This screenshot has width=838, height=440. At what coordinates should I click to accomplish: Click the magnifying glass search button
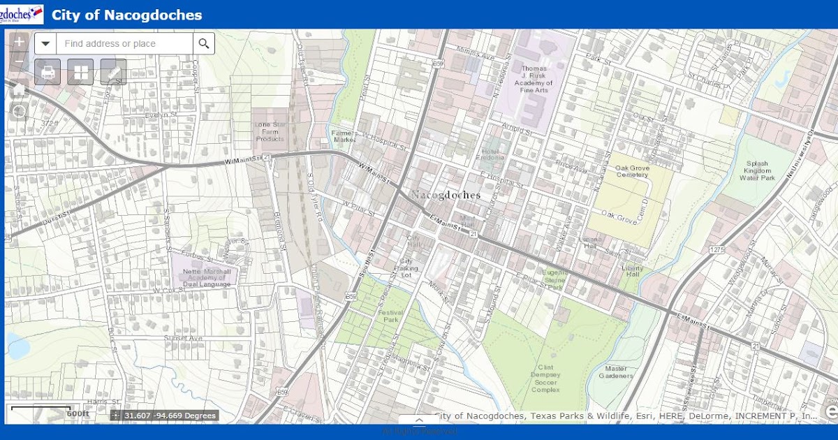203,43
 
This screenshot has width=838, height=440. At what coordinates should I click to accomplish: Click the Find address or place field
124,43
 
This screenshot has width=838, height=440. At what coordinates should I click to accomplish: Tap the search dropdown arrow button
46,43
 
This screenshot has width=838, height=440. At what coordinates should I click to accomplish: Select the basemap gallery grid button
80,72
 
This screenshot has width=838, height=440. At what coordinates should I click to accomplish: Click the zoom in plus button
19,42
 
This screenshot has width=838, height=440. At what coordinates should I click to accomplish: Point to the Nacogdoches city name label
446,195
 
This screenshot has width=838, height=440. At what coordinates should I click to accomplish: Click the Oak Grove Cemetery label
632,171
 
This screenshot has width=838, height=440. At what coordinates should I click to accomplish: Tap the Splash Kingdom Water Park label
757,170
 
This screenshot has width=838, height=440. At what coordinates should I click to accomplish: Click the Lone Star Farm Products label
270,131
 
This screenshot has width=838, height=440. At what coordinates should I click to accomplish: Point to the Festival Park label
392,316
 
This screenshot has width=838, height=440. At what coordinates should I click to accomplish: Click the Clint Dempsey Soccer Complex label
545,377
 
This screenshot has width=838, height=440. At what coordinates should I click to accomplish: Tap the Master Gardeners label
616,372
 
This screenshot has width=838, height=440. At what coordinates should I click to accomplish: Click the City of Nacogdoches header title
126,15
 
